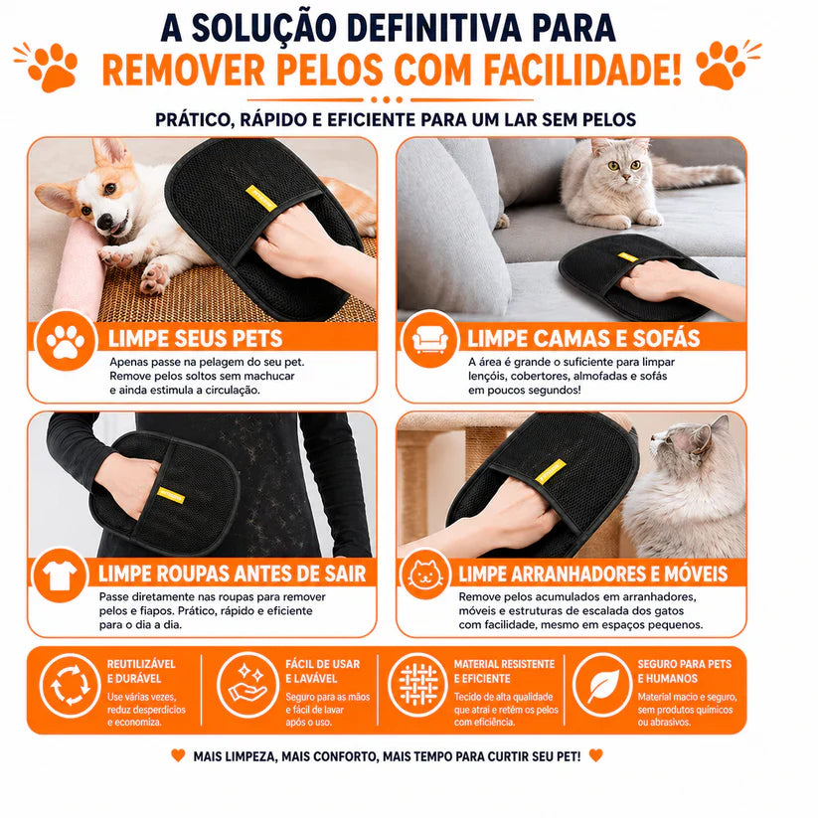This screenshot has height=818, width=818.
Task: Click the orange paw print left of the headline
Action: coord(53,68)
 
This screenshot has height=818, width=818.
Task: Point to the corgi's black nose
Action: coord(104,222)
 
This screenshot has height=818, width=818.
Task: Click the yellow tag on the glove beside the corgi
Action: coord(260,198)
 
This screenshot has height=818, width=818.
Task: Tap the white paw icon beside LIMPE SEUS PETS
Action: coord(66,341)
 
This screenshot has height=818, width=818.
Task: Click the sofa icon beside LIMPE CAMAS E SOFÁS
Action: coord(429,340)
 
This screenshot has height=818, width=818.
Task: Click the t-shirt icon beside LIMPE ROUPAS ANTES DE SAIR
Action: coord(60,574)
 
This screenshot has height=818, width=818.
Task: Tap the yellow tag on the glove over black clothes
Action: coord(171,495)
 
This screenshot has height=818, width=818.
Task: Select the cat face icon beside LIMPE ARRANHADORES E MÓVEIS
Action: coord(425,574)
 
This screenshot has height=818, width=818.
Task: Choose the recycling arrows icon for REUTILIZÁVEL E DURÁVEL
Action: coord(69,685)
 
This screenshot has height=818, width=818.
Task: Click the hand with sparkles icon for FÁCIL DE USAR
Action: coord(248,685)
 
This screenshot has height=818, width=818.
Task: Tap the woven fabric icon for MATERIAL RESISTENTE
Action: coord(417,685)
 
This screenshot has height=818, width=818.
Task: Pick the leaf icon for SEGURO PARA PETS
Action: coord(603,685)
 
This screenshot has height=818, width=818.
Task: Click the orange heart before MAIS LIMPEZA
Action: coord(178,754)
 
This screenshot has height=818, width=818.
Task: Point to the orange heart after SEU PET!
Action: coord(595,754)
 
